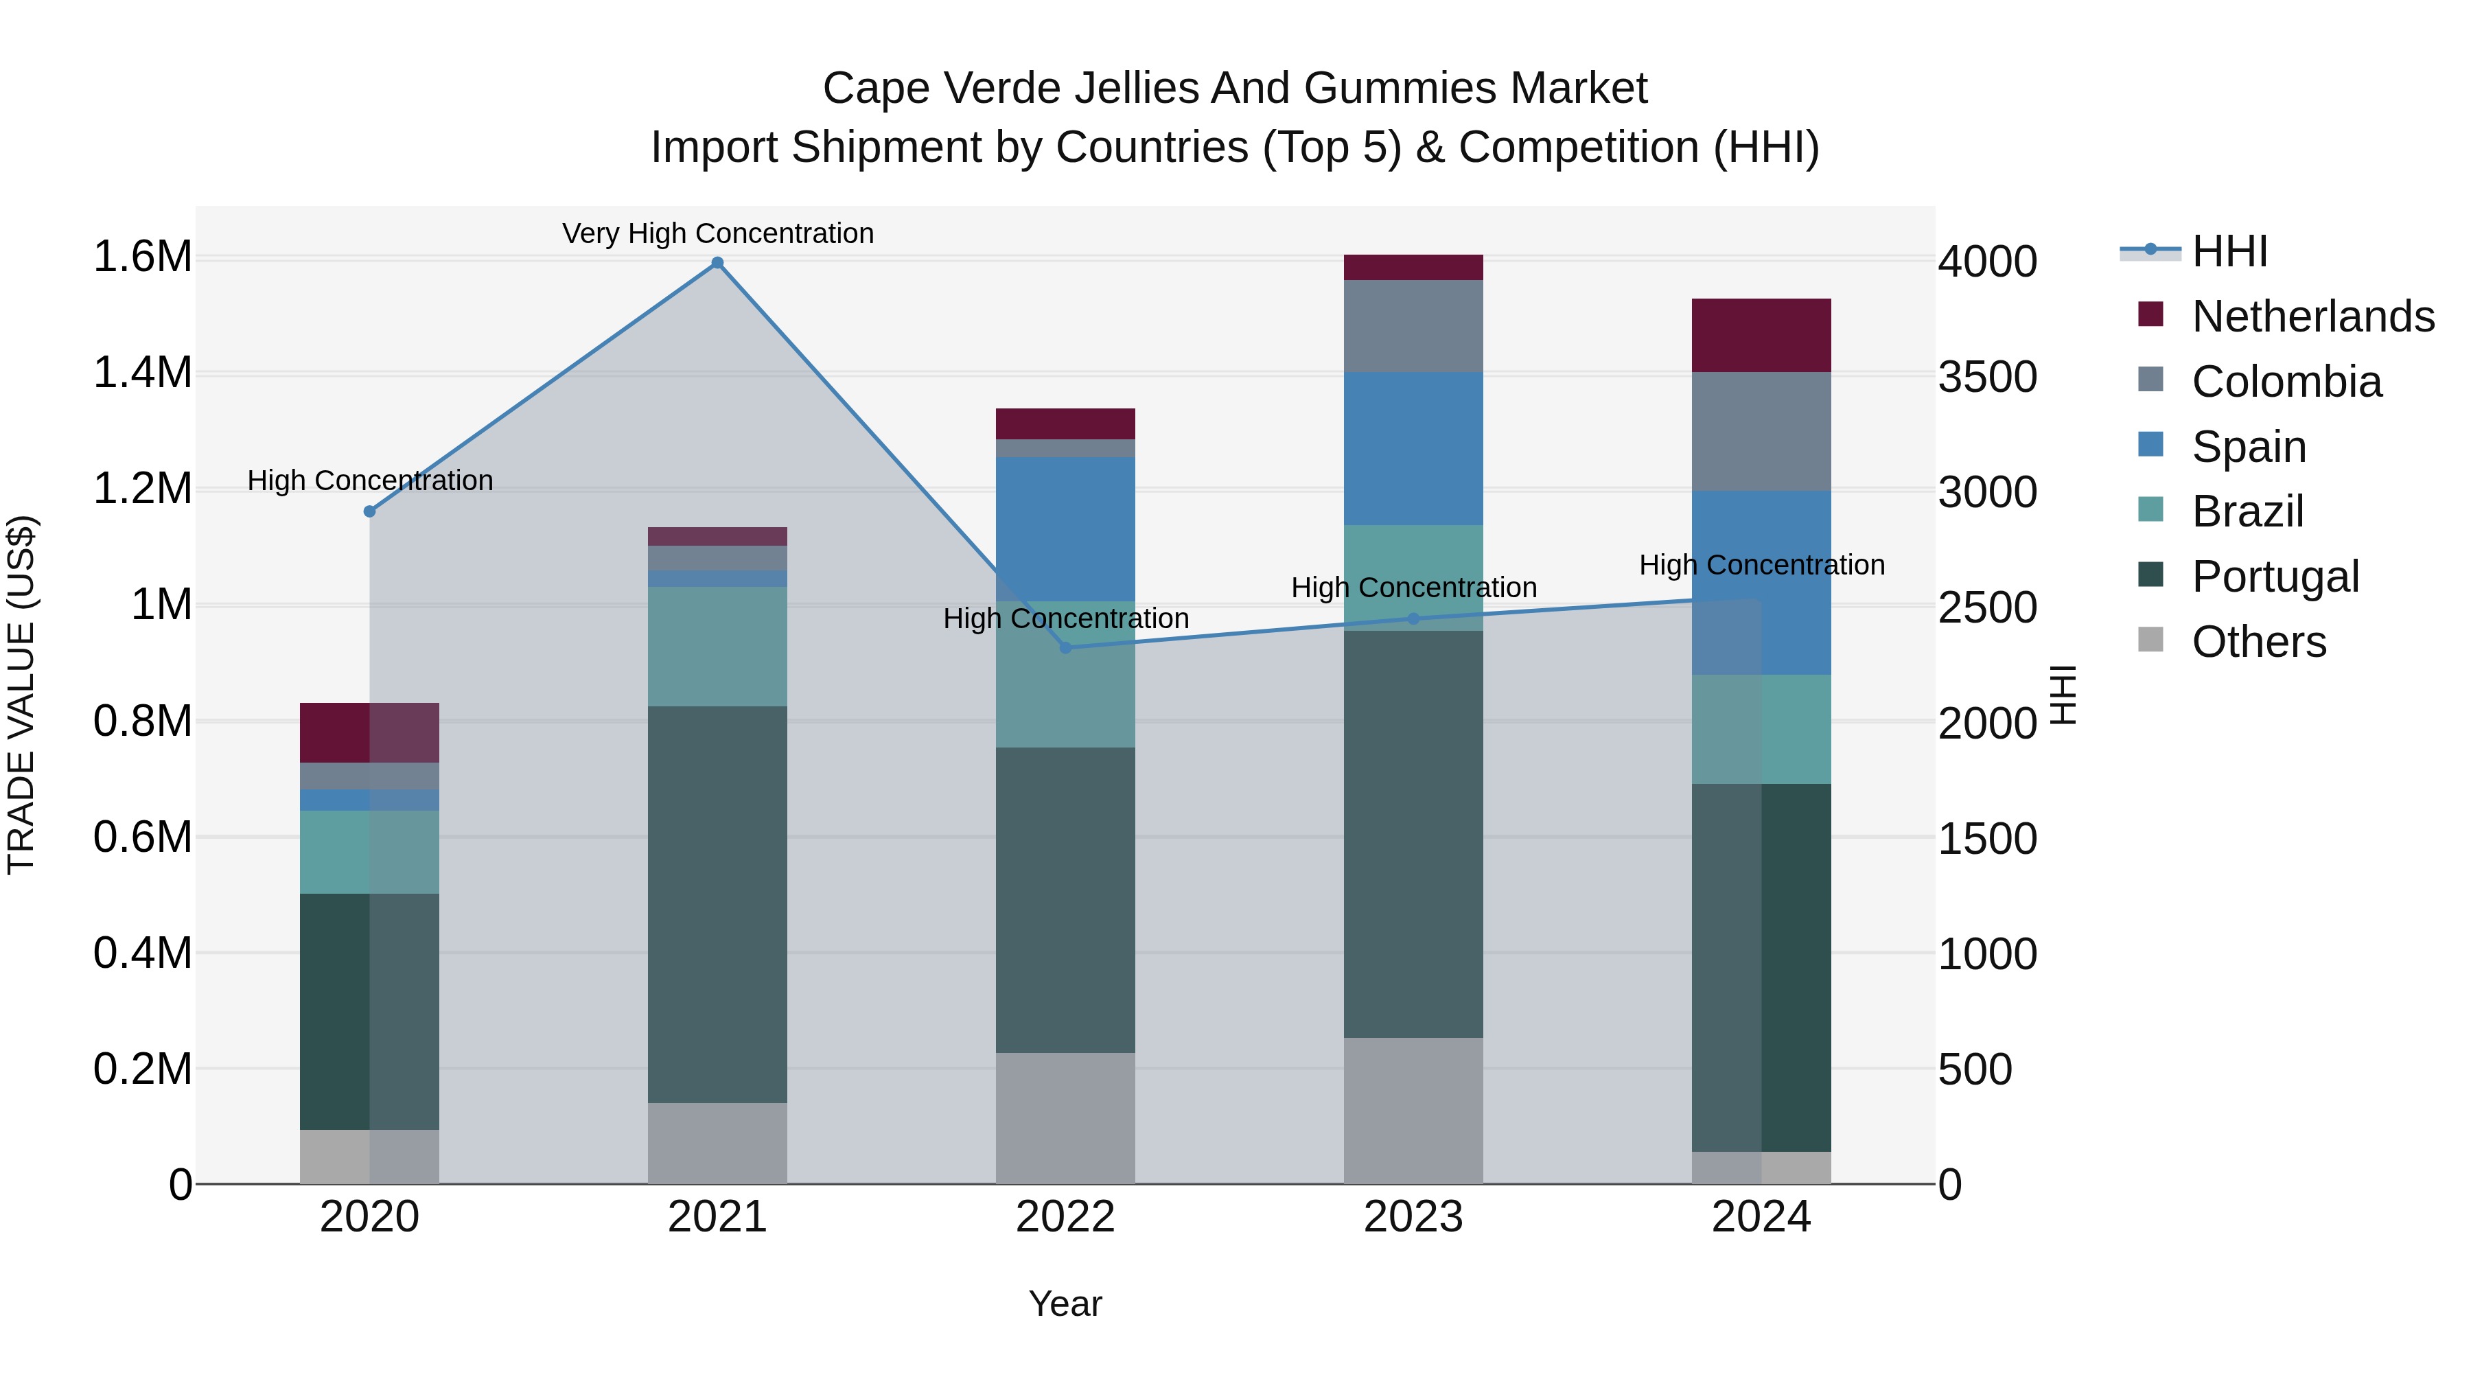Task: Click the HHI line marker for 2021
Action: coord(717,263)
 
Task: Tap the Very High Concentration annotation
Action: coord(717,233)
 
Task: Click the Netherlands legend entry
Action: coord(2312,316)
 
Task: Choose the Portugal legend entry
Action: coord(2275,577)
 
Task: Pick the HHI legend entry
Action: coord(2229,251)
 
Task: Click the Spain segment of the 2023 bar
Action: coord(1413,448)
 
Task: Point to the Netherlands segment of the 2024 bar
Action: coord(1761,335)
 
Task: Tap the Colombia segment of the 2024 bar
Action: coord(1761,432)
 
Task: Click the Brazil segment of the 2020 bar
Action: coord(369,852)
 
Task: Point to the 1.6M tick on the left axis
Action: coord(142,257)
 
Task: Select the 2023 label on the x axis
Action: coord(1413,1217)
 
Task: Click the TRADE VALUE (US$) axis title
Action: coord(21,695)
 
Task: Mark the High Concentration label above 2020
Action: coord(370,480)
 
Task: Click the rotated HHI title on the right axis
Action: coord(2063,695)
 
